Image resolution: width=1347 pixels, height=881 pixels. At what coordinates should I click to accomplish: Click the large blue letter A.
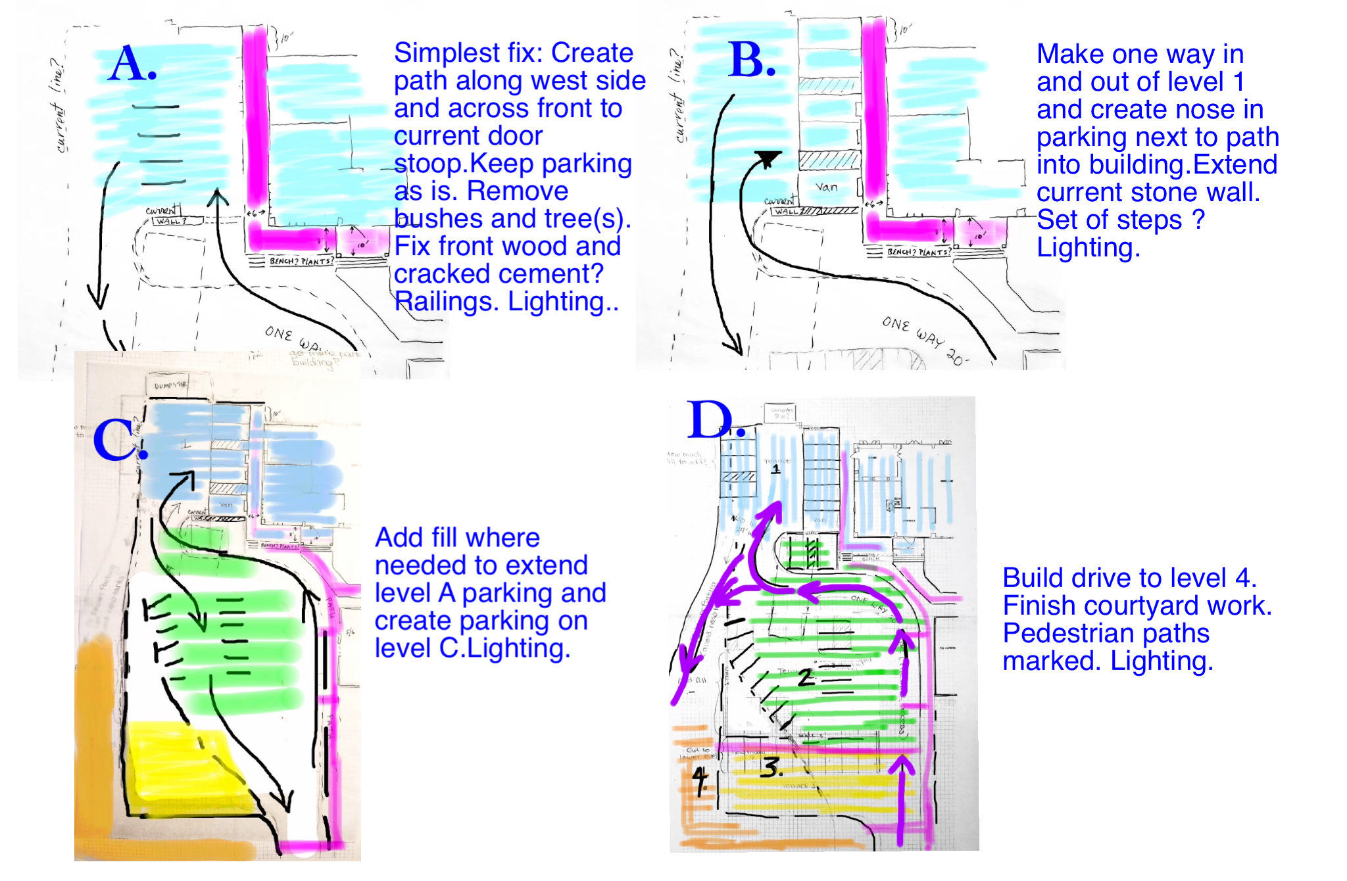pyautogui.click(x=129, y=64)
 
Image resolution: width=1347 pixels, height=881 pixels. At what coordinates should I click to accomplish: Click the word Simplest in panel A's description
pyautogui.click(x=447, y=53)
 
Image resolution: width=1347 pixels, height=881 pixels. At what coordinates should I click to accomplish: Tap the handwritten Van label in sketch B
pyautogui.click(x=827, y=187)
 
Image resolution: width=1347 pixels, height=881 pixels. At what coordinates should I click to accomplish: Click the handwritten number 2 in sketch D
pyautogui.click(x=806, y=678)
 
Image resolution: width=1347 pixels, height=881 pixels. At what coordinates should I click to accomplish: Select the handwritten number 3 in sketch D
pyautogui.click(x=771, y=767)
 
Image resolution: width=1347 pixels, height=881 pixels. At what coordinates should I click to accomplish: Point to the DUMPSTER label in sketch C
pyautogui.click(x=170, y=385)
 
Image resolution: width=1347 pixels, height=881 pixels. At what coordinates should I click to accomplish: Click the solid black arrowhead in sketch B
pyautogui.click(x=768, y=158)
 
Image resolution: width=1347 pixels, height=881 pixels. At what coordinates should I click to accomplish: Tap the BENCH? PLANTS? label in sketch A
pyautogui.click(x=301, y=261)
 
